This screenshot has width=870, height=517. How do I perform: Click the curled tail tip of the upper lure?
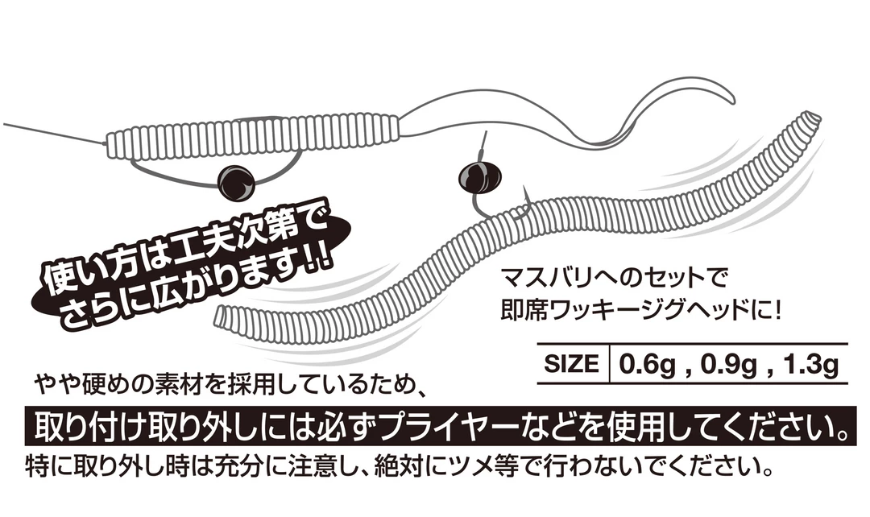click(730, 98)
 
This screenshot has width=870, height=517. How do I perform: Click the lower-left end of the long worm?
click(226, 321)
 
